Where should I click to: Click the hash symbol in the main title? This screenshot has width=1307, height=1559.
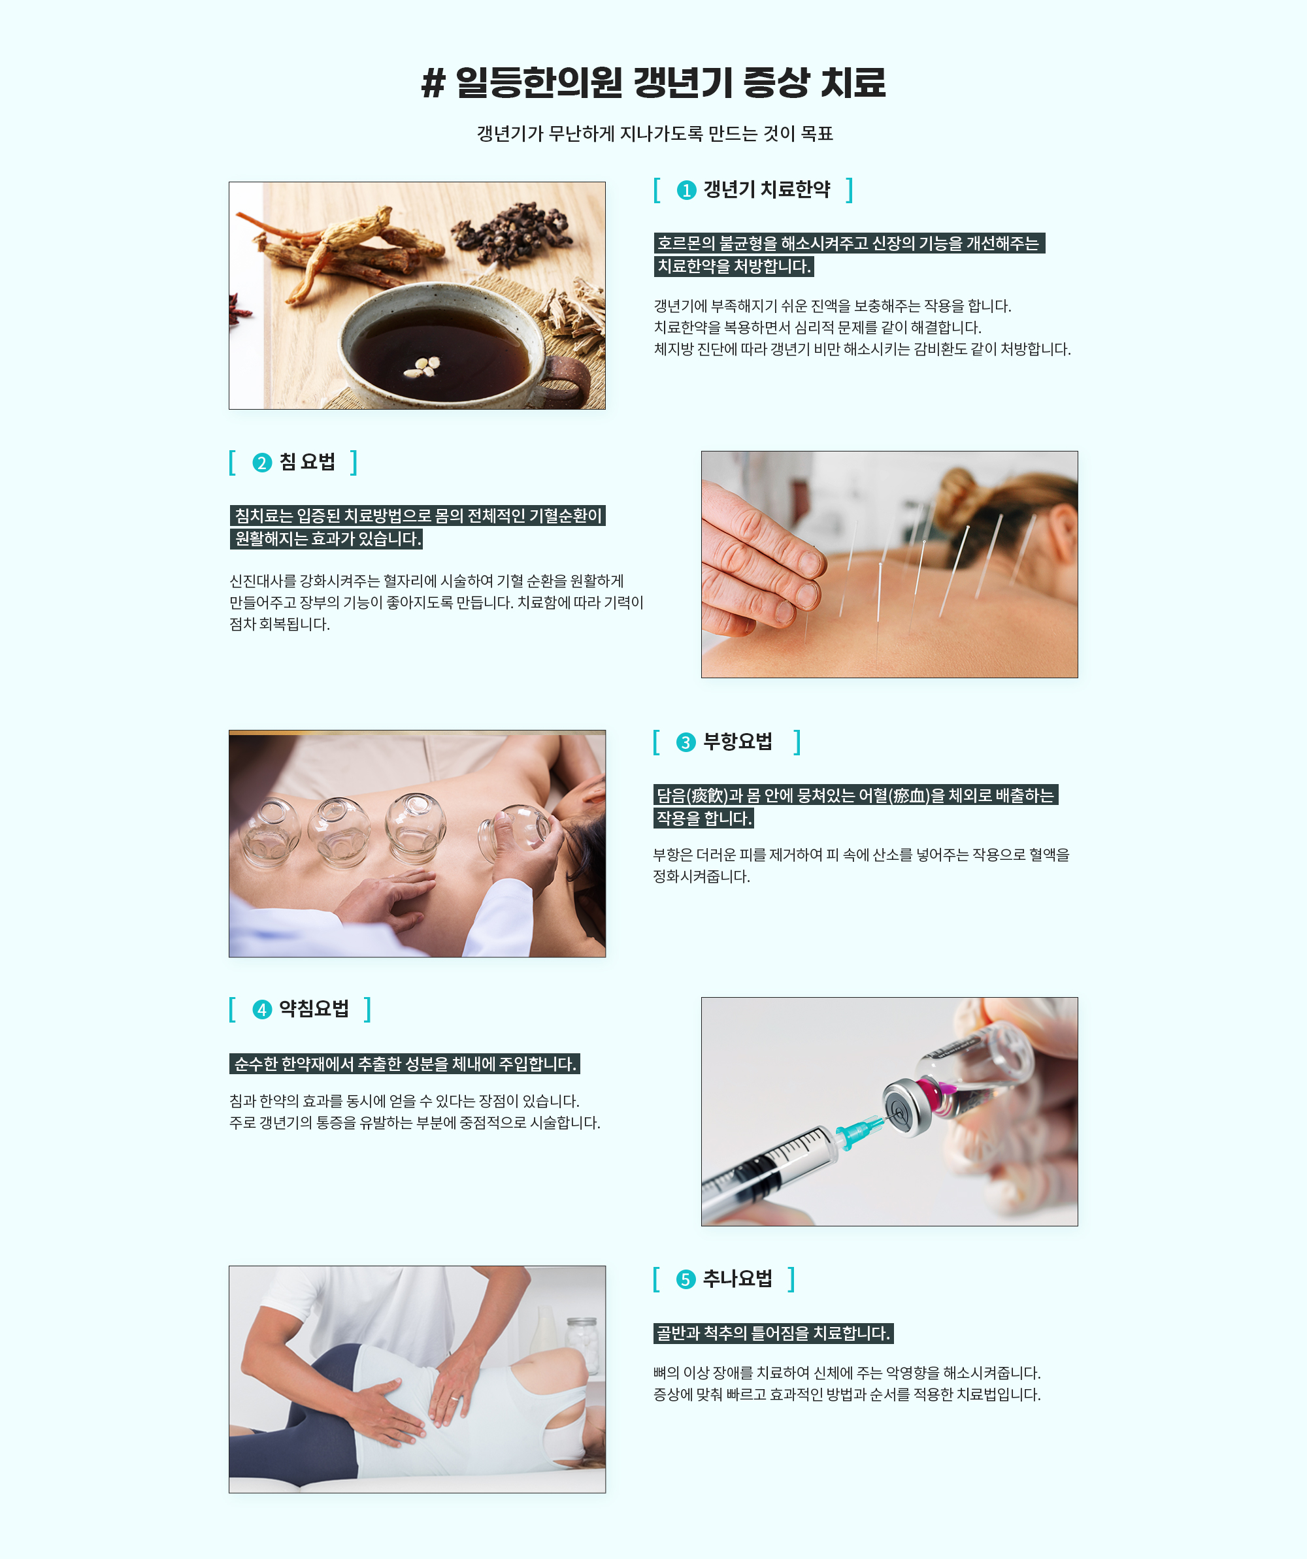coord(433,83)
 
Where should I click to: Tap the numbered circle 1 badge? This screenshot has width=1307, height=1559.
coord(686,191)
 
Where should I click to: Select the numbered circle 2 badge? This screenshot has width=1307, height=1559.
coord(261,463)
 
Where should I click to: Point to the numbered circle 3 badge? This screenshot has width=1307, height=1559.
coord(686,742)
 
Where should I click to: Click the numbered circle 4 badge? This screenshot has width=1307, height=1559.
coord(261,1009)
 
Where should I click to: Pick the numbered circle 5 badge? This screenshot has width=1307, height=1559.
coord(686,1279)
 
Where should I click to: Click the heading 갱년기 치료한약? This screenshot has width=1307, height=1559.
coord(767,190)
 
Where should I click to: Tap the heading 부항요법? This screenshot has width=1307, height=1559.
coord(737,742)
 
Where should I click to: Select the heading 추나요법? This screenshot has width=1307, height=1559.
coord(737,1279)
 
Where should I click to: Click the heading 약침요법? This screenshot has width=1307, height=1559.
coord(314,1009)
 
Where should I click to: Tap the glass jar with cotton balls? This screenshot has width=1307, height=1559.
coord(582,1345)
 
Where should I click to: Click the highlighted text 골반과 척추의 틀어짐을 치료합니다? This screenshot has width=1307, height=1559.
coord(773,1334)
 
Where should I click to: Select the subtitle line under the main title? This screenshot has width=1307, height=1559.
coord(654,134)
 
